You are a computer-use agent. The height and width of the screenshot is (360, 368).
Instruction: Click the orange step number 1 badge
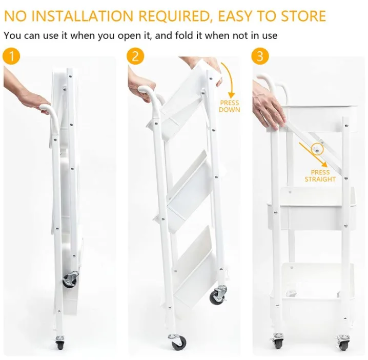tap(11, 56)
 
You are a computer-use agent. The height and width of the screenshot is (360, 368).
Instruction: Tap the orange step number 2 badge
tap(135, 56)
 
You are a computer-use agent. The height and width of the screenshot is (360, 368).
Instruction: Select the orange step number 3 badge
tap(260, 56)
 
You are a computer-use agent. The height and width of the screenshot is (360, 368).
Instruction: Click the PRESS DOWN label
tap(229, 107)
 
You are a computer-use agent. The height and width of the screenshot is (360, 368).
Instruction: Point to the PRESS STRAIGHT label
tap(320, 176)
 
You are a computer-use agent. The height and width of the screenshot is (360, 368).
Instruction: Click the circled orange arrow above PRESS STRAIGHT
tap(316, 149)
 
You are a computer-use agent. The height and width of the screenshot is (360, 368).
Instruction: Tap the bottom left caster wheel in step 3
tap(278, 341)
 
